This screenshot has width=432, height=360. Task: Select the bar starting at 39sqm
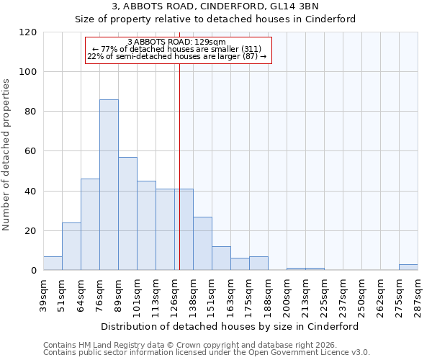[x=53, y=264]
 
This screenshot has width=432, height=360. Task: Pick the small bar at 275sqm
[x=408, y=267]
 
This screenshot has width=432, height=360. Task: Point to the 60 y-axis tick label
[x=31, y=151]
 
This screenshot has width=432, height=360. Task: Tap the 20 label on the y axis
[x=31, y=231]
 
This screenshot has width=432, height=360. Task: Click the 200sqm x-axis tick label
[x=287, y=295]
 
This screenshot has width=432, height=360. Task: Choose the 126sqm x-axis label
[x=175, y=295]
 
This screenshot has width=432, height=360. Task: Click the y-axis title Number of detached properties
[x=7, y=155]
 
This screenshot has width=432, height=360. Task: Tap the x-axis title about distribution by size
[x=229, y=326]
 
